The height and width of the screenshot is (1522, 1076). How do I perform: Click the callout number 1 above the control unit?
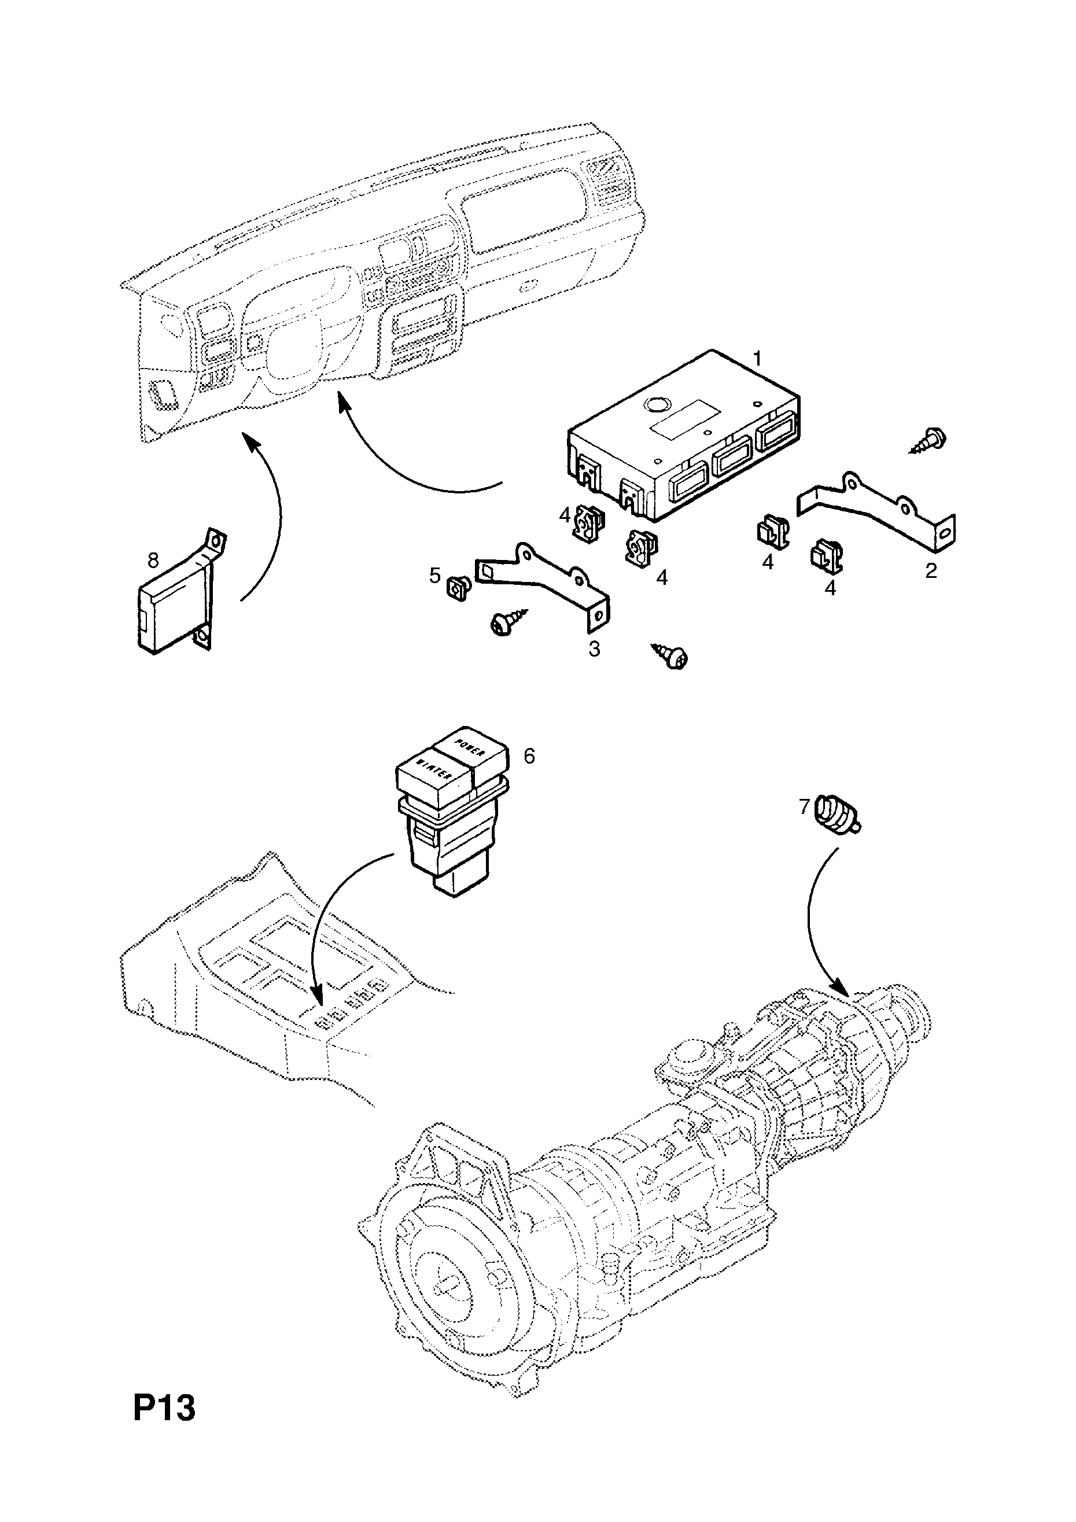coord(757,359)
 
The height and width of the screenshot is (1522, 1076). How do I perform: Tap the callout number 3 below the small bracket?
coord(594,649)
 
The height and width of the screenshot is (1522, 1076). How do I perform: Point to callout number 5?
coord(435,576)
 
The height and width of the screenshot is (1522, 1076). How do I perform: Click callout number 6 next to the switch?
coord(529,756)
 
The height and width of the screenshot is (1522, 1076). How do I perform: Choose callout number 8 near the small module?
coord(153,561)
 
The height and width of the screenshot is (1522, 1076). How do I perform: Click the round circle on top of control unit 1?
coord(658,405)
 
